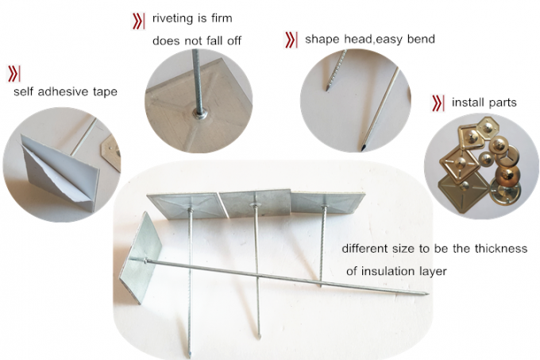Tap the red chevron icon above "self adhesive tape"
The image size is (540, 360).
click(x=14, y=74)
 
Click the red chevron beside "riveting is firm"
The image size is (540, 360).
click(x=137, y=17)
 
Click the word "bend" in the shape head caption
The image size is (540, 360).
click(x=419, y=39)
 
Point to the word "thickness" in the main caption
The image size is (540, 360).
click(x=499, y=248)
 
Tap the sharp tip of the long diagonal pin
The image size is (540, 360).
click(x=427, y=294)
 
